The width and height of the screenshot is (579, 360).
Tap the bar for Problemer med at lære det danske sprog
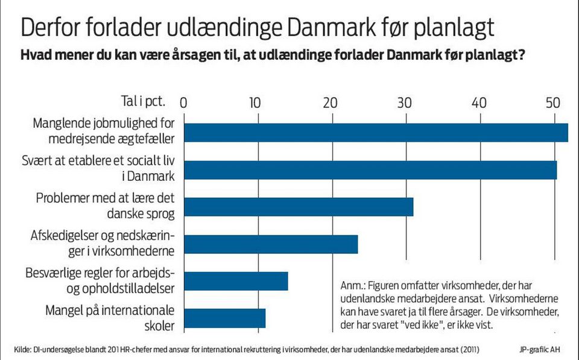pos(299,207)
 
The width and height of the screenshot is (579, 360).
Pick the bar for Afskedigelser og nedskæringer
pos(271,244)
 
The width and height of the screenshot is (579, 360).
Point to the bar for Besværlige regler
pos(236,282)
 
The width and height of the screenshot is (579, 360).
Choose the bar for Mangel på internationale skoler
pos(224,318)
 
